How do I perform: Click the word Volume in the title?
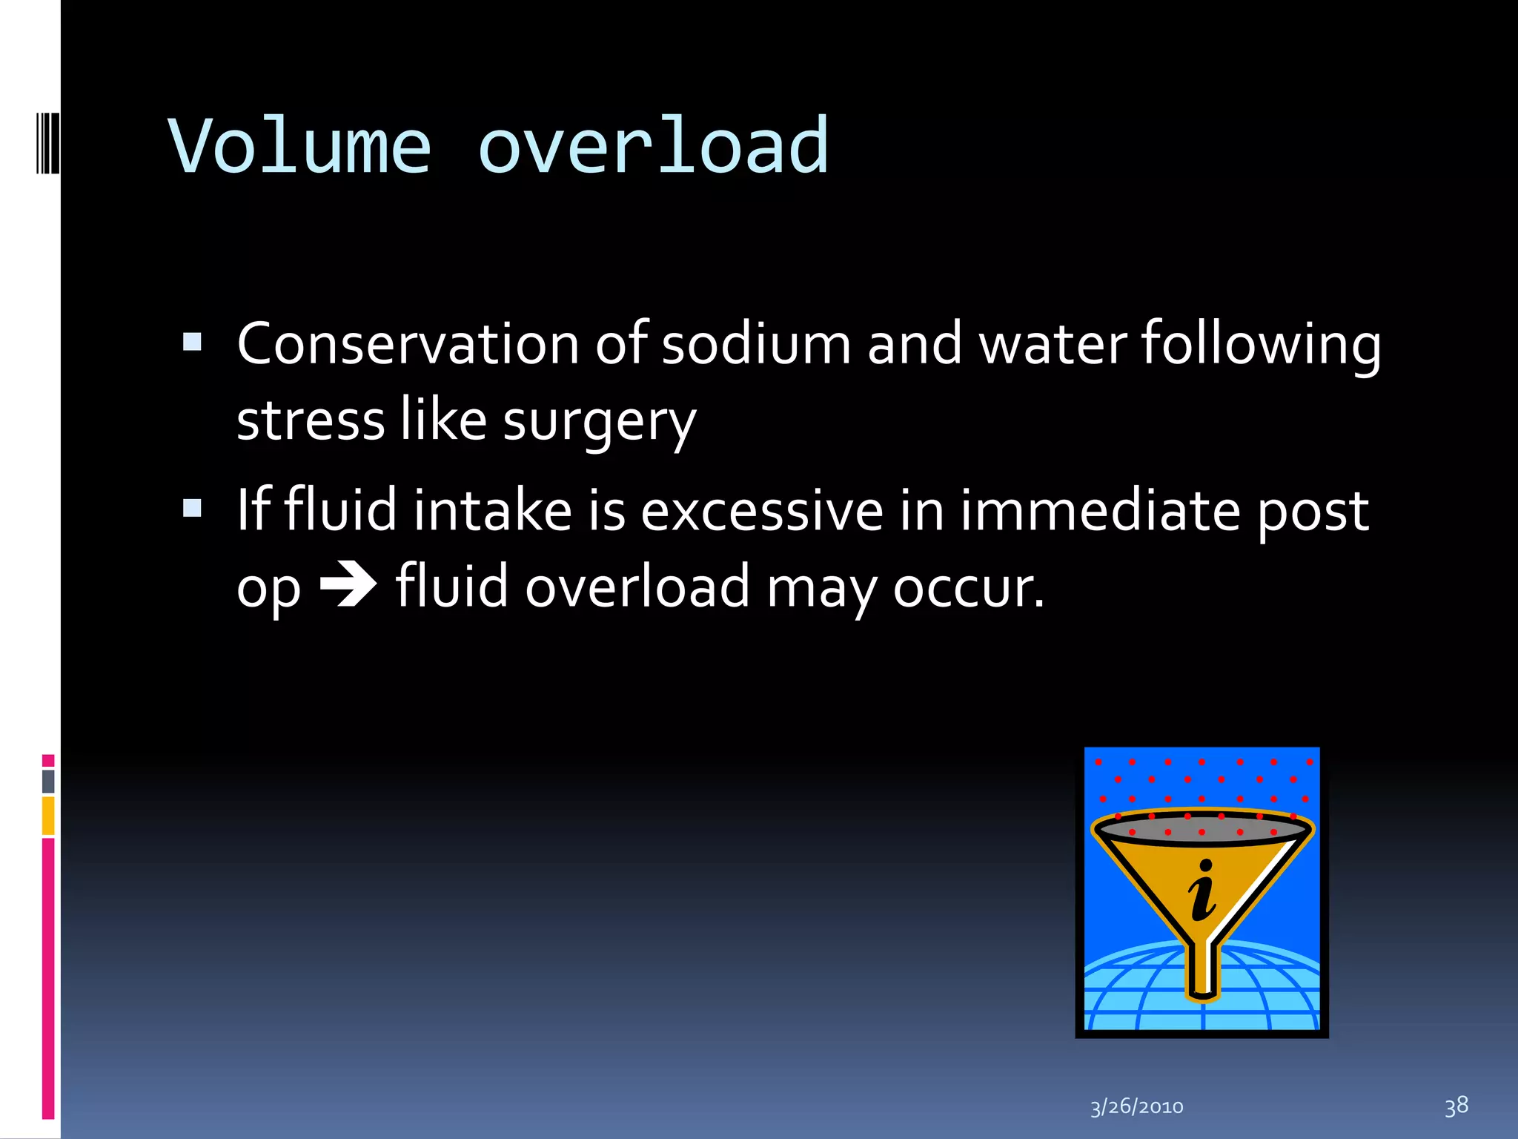tap(300, 147)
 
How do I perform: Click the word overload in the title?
tap(653, 147)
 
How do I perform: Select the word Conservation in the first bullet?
tap(408, 344)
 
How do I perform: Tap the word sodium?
tap(756, 344)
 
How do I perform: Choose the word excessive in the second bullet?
tap(761, 511)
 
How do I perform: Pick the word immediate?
tap(1100, 511)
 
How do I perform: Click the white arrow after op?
tap(348, 586)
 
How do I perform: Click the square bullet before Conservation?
tap(193, 342)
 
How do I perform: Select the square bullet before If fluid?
tap(193, 508)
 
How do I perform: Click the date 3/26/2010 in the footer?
tap(1136, 1107)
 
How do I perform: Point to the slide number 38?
tap(1456, 1106)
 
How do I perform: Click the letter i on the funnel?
tap(1202, 890)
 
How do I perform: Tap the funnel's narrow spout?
tap(1202, 971)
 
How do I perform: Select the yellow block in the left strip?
tap(48, 816)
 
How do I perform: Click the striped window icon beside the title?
tap(47, 142)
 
